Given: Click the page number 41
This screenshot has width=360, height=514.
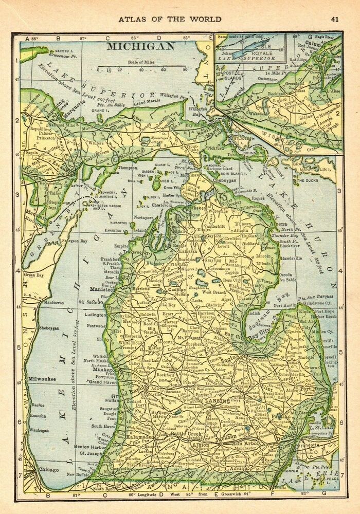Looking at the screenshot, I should (x=335, y=20).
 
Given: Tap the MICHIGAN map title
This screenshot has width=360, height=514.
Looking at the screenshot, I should (x=140, y=46).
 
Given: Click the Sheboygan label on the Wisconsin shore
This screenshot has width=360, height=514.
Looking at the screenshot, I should (x=42, y=327).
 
